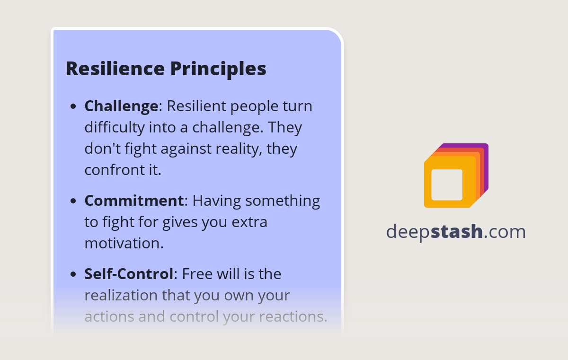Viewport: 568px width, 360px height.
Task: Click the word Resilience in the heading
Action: (x=115, y=69)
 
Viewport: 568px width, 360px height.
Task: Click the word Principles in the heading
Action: (x=218, y=69)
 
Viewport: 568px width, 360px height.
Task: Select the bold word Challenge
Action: (x=121, y=106)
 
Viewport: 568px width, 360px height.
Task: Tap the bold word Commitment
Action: (x=134, y=201)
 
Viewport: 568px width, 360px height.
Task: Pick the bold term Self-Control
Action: (x=129, y=274)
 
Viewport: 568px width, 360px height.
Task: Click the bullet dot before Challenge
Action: (x=73, y=107)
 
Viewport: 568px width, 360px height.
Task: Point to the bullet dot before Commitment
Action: (x=73, y=202)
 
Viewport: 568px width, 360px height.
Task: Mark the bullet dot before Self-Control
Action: (x=73, y=275)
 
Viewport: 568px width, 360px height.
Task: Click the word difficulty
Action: (x=113, y=127)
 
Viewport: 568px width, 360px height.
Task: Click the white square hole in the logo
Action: (x=447, y=184)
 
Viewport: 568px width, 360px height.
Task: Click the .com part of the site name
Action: (x=505, y=232)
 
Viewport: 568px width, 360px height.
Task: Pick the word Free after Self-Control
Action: (x=196, y=274)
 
